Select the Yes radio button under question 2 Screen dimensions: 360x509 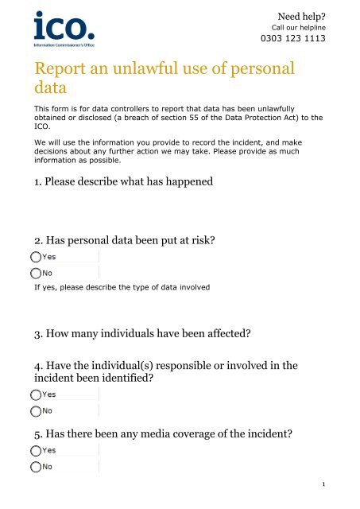tap(36, 257)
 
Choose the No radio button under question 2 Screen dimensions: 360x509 tap(36, 272)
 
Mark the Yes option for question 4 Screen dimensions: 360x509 tap(36, 394)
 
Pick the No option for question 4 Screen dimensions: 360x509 tap(36, 410)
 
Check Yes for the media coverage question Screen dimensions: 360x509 tap(36, 450)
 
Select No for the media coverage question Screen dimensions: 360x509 tap(36, 466)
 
